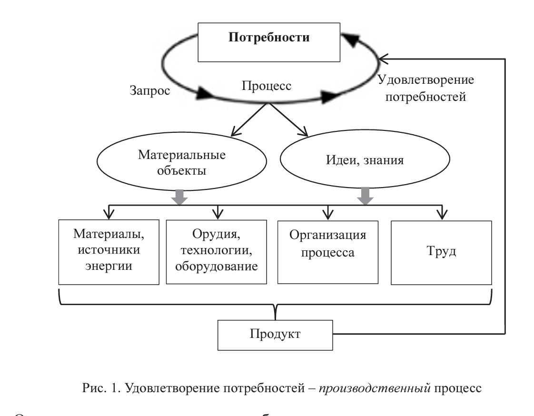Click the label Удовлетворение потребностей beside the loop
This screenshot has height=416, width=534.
coord(425,89)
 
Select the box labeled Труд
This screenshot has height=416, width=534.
coord(442,252)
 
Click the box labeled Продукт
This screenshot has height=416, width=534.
coord(275,334)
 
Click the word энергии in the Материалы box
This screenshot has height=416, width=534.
coord(109,266)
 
